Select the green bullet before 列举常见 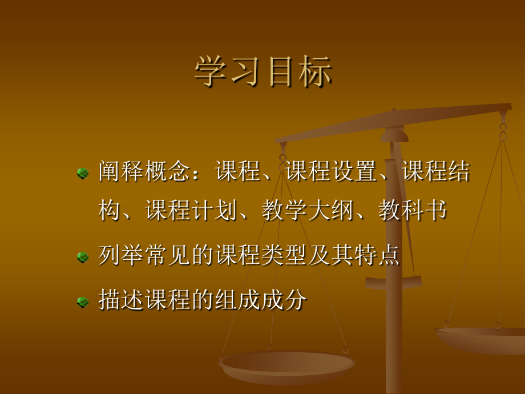pos(83,257)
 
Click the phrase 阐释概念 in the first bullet pos(143,171)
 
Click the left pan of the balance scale pos(286,365)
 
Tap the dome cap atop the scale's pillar pos(394,135)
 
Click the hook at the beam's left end pos(283,153)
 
